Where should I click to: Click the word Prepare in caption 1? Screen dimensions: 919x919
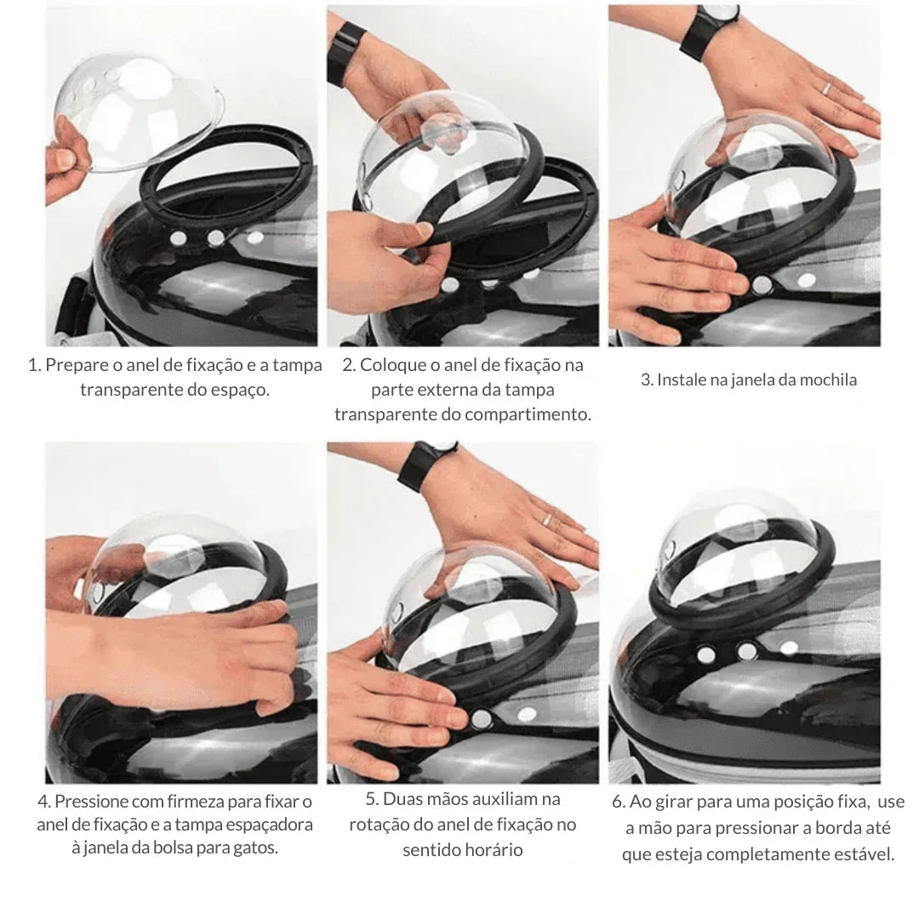[x=77, y=365]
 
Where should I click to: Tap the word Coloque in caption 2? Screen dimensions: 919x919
[x=391, y=365]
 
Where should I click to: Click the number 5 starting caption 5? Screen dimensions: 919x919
[x=370, y=799]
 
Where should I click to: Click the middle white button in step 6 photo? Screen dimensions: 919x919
[x=746, y=651]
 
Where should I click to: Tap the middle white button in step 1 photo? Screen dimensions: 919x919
[x=216, y=237]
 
